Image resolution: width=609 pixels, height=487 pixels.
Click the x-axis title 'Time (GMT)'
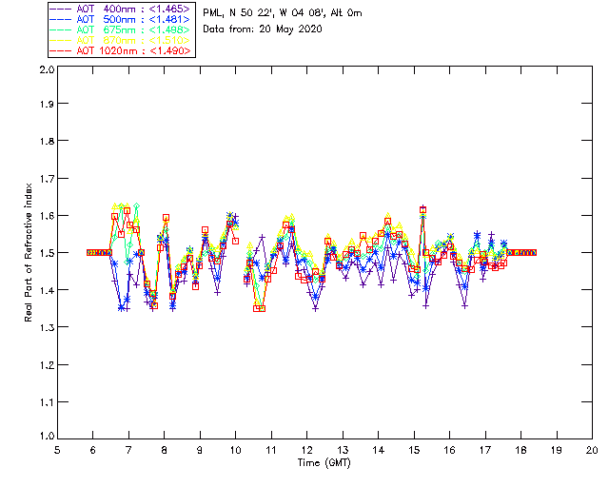point(324,463)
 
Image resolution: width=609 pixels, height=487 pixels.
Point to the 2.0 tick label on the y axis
point(46,70)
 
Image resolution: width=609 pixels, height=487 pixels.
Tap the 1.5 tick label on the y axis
point(46,253)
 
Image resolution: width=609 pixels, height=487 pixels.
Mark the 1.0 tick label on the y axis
point(46,437)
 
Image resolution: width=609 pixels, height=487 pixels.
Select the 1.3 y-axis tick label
point(46,327)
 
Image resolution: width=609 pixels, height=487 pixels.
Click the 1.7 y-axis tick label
point(46,180)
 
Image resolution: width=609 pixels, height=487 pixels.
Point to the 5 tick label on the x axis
point(58,450)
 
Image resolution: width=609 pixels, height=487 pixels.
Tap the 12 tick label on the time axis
point(307,450)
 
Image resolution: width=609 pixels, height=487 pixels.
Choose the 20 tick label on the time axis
point(592,450)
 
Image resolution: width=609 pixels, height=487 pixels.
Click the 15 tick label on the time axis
point(414,450)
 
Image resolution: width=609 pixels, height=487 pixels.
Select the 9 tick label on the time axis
point(201,450)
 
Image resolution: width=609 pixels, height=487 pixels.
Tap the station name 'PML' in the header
point(212,11)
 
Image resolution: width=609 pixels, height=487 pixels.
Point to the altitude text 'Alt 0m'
point(344,11)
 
